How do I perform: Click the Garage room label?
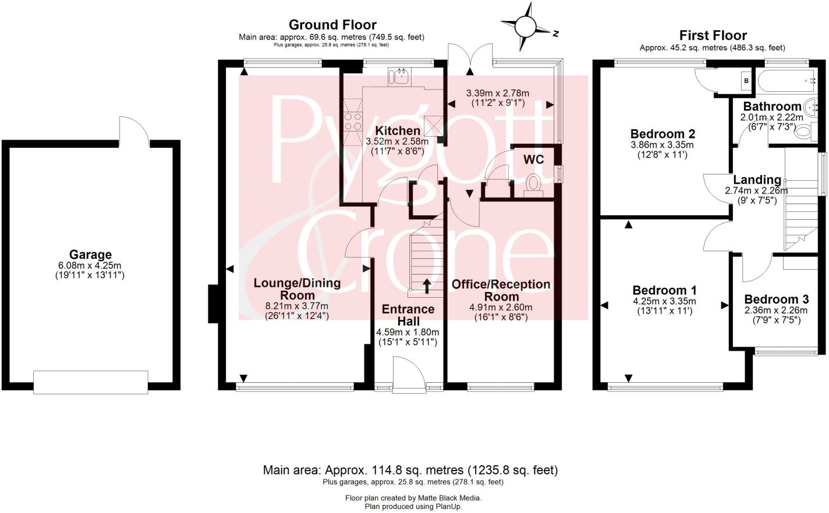click(x=90, y=255)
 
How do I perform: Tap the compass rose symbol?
click(x=526, y=26)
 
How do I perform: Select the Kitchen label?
click(x=397, y=131)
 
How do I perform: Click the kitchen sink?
click(x=401, y=76)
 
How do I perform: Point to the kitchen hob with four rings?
click(x=352, y=122)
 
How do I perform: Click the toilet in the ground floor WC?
click(x=533, y=184)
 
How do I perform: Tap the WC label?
click(x=533, y=159)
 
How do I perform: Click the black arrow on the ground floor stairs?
click(x=427, y=285)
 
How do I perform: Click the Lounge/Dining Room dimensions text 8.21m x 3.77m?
click(x=297, y=306)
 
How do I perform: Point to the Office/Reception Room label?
click(x=501, y=290)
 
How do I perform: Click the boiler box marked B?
click(x=746, y=81)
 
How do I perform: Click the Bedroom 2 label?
click(x=663, y=134)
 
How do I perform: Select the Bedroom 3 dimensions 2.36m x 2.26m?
click(x=777, y=310)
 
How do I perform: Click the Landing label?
click(x=757, y=180)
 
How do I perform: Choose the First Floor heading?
click(x=713, y=35)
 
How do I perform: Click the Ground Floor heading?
click(x=332, y=24)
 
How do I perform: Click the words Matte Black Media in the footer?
click(x=449, y=498)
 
